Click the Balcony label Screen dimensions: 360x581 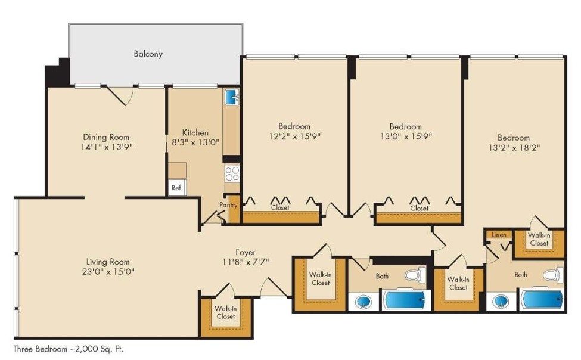coord(148,54)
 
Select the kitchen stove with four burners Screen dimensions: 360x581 coord(232,173)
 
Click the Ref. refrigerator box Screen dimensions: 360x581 coord(176,187)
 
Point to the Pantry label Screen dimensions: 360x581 coord(228,205)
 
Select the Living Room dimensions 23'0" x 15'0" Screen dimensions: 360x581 coord(107,272)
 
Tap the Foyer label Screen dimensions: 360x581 coord(246,252)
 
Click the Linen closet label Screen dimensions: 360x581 coord(499,235)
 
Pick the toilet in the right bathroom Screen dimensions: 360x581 coord(553,276)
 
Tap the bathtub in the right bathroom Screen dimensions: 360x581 coord(542,299)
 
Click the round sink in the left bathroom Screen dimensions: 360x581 coord(363,302)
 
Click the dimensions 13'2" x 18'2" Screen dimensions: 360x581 coord(513,147)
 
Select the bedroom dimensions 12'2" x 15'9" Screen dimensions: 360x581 coord(294,136)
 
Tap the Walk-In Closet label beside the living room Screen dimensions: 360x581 coord(225,312)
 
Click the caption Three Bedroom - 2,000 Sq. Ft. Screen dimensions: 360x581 coord(69,349)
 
